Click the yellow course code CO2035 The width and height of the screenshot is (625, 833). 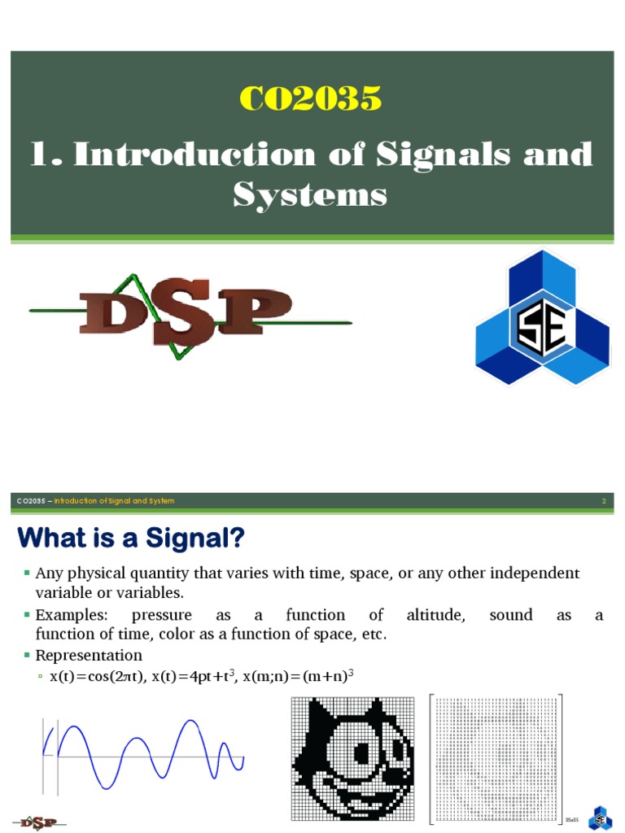[x=311, y=98]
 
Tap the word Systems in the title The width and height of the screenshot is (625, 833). [x=310, y=194]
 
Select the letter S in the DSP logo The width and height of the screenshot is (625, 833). [x=189, y=314]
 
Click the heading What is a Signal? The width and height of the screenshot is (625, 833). [x=131, y=538]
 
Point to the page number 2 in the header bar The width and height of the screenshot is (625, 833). [x=604, y=501]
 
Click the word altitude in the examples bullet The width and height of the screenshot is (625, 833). [x=435, y=615]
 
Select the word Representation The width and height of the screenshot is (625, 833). [x=89, y=655]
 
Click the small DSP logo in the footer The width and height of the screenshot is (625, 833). [x=38, y=822]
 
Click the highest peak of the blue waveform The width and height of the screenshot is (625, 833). [x=190, y=721]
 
